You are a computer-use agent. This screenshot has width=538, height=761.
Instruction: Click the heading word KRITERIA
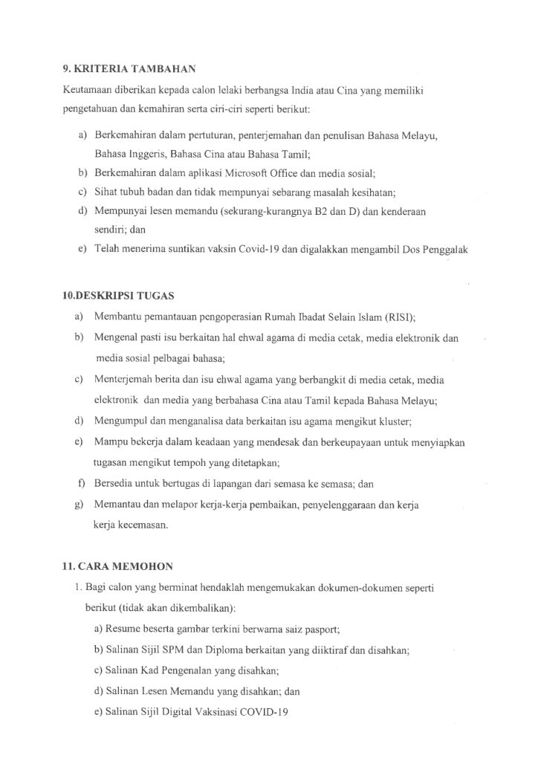[x=100, y=69]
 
